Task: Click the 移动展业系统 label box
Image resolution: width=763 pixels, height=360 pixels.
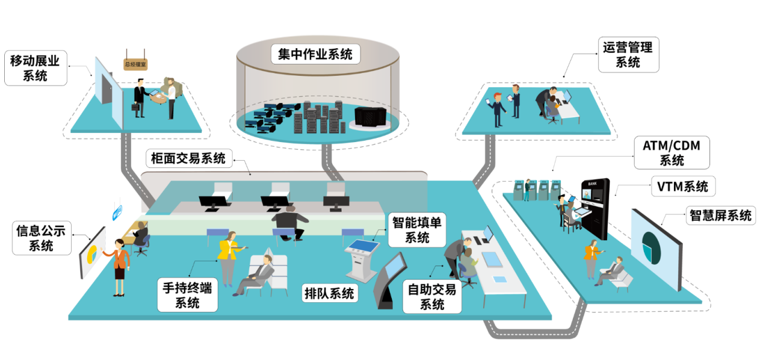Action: tap(36, 68)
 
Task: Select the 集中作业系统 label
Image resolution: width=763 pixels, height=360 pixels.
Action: tap(315, 55)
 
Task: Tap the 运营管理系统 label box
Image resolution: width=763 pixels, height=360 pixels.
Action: tap(628, 55)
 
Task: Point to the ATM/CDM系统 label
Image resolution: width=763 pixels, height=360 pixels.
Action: tap(672, 153)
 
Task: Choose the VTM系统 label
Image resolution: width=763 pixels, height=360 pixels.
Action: tap(682, 186)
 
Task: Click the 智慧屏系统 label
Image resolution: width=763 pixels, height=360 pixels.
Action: tap(720, 216)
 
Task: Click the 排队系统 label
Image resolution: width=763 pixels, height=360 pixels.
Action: tap(330, 293)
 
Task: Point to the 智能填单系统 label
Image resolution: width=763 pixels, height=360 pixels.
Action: tap(417, 230)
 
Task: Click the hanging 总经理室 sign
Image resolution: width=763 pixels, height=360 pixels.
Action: tap(135, 64)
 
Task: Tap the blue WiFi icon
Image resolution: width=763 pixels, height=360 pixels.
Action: tap(118, 212)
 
